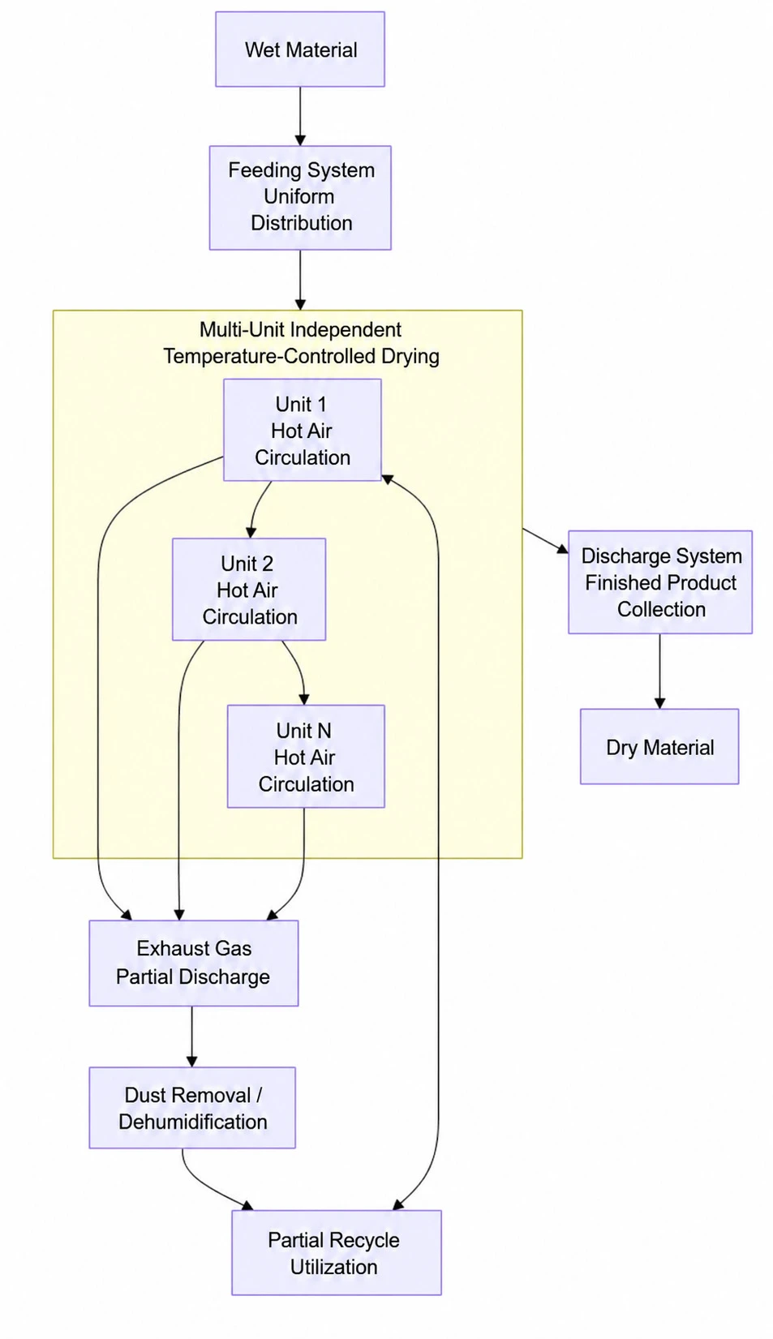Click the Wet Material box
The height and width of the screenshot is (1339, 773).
tap(300, 49)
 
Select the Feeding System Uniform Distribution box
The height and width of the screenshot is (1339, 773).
tap(300, 197)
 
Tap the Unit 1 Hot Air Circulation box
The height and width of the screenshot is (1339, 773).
tap(303, 430)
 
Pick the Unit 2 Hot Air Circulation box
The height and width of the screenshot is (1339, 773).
tap(249, 590)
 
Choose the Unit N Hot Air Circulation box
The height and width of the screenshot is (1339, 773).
tap(306, 756)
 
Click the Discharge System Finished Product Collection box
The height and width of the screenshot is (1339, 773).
tap(660, 582)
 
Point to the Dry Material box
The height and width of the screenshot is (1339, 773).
tap(659, 747)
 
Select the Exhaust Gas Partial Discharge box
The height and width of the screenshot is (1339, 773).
tap(194, 963)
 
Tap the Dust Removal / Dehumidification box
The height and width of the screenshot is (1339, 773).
tap(192, 1108)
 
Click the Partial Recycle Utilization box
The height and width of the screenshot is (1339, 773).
tap(337, 1253)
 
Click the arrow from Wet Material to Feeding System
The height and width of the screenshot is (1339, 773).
tap(300, 116)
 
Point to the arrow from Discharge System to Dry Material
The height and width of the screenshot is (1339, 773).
tap(660, 672)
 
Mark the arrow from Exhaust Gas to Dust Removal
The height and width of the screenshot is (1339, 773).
tap(192, 1036)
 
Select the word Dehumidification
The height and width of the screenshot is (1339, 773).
tap(192, 1122)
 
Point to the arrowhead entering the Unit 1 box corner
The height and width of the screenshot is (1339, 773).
tap(388, 479)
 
